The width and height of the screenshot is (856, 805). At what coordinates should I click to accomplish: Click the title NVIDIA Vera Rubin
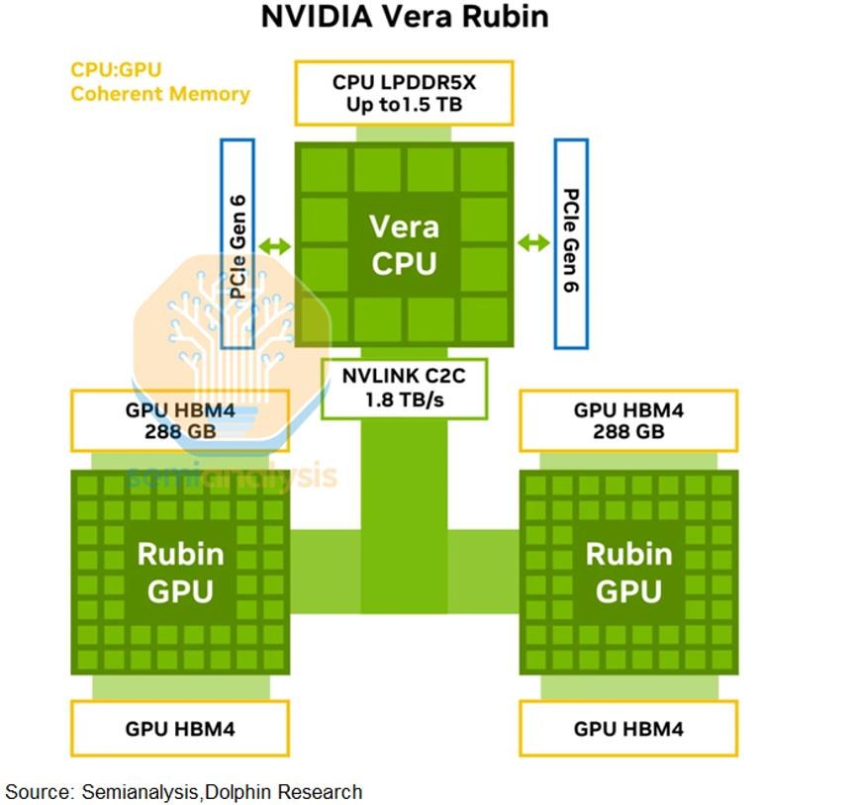pos(405,16)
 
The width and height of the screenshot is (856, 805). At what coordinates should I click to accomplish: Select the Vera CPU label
pos(404,245)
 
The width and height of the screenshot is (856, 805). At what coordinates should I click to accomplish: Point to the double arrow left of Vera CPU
pos(274,246)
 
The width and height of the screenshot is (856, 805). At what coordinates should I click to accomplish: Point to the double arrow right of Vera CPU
pos(533,242)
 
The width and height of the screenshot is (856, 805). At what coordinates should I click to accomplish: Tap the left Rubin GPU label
pos(180,573)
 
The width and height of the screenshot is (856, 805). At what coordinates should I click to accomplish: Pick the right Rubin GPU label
pos(628,573)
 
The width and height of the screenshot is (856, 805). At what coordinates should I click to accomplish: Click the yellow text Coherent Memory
pos(160,94)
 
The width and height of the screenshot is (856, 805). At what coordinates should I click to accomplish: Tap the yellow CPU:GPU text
pos(117,70)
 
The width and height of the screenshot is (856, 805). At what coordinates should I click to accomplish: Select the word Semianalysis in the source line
pos(140,792)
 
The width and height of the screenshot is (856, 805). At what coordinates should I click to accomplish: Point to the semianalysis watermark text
pos(232,475)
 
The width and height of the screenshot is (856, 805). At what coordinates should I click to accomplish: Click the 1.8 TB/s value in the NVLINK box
pos(404,401)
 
